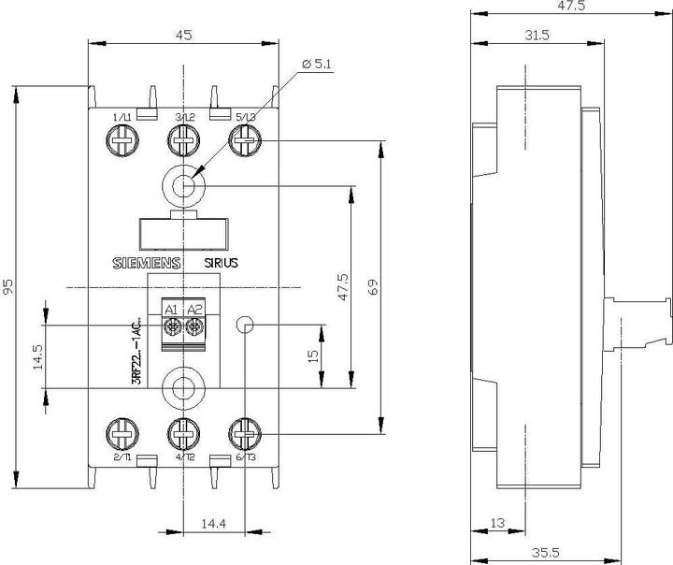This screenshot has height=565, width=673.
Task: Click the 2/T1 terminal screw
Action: click(121, 433)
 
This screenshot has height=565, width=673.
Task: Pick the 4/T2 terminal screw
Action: click(183, 433)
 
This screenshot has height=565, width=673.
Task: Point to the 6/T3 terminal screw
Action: click(245, 433)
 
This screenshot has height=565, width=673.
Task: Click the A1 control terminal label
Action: click(171, 310)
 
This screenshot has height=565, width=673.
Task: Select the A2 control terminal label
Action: click(194, 310)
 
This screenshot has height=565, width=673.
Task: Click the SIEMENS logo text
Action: click(147, 264)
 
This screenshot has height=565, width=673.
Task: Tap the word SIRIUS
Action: click(222, 264)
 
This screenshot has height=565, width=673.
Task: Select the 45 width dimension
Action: click(183, 35)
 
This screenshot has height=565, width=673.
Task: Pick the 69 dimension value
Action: click(373, 287)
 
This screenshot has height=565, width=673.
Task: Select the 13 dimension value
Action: click(497, 521)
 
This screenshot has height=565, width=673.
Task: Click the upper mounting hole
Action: click(183, 186)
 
